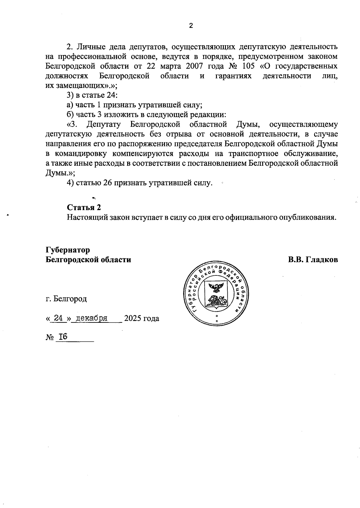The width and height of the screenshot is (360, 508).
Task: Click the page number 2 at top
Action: point(191,26)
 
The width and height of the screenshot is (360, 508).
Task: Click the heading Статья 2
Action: point(84,208)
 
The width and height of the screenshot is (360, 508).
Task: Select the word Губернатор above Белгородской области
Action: point(68,250)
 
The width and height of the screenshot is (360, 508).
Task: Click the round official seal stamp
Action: point(215,293)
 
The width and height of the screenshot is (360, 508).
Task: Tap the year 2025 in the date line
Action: point(132,318)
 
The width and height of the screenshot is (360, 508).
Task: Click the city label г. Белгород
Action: point(66,299)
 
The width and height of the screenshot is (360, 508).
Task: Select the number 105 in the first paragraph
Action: point(248,66)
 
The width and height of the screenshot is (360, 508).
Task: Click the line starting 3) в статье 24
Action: point(92,95)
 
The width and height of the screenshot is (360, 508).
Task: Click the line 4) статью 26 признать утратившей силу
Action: point(139,183)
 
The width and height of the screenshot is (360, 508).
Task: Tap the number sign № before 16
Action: point(49,337)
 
